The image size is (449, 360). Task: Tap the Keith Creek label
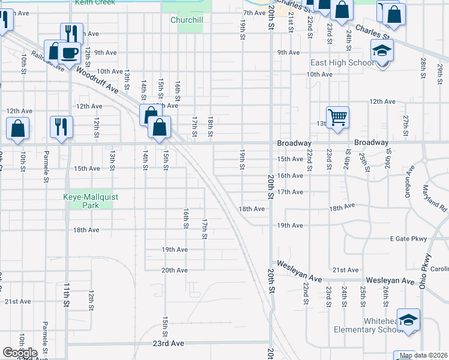[x=95, y=2]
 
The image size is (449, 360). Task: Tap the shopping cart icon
[x=337, y=116]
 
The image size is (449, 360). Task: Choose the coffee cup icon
[x=70, y=52]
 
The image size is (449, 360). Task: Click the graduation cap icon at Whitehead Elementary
[x=408, y=319]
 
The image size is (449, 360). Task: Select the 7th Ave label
[x=255, y=13]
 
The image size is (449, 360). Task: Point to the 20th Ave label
[x=174, y=270]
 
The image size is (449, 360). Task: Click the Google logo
[x=20, y=353]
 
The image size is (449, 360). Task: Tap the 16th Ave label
[x=290, y=176]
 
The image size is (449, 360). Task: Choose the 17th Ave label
[x=290, y=192]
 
